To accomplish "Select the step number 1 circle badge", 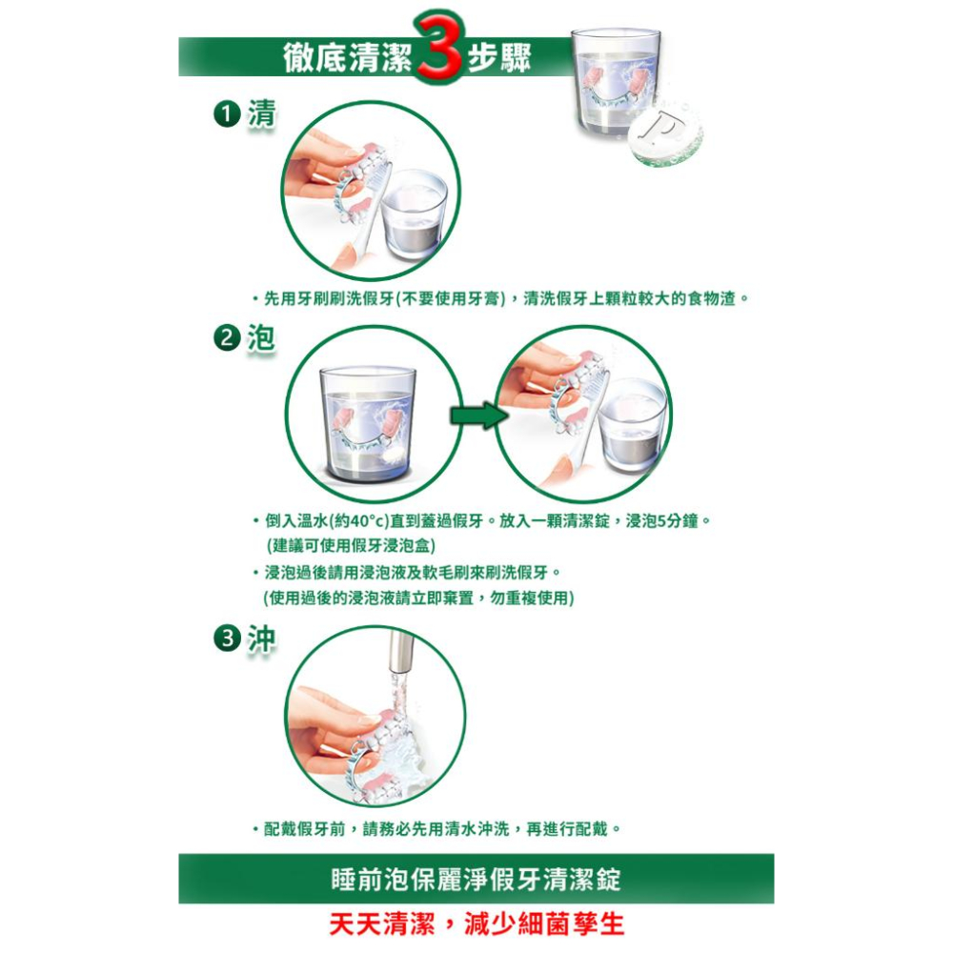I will tap(225, 115).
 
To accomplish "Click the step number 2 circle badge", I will tap(225, 339).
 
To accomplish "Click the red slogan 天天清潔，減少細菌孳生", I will tap(476, 924).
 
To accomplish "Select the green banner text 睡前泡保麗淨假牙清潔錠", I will tap(476, 879).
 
